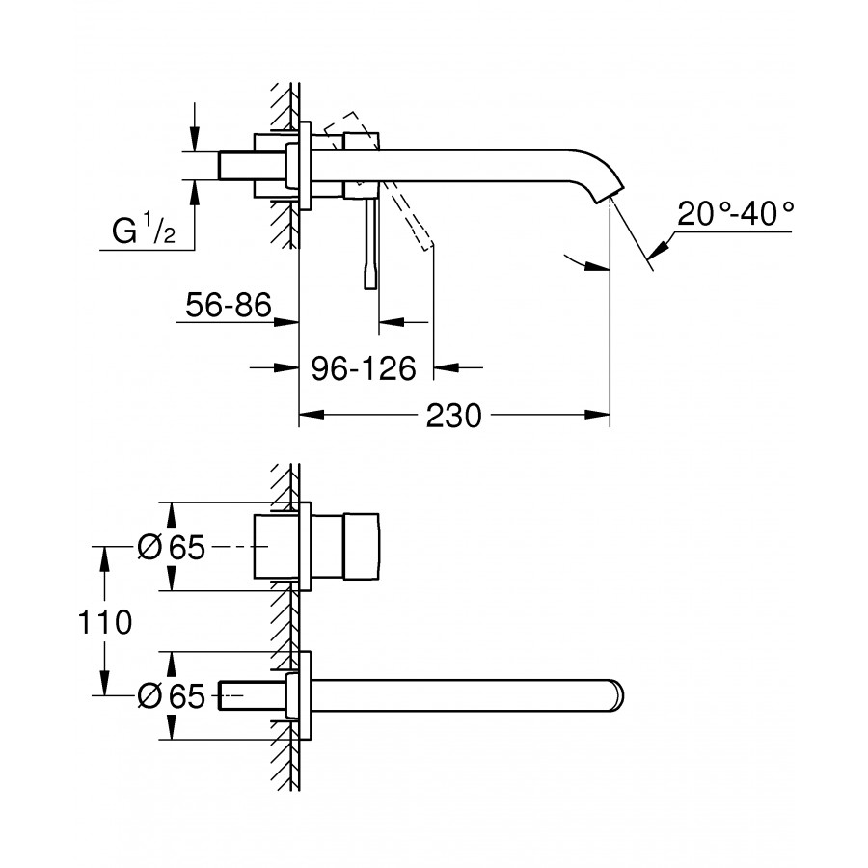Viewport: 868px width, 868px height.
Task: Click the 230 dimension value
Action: (453, 416)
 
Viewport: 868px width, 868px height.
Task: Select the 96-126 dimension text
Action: (364, 368)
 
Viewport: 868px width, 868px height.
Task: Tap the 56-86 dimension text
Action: (228, 305)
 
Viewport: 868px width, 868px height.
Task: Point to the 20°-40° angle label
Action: (735, 214)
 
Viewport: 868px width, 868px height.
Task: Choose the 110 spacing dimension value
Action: (104, 622)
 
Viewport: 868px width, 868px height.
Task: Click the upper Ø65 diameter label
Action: (171, 548)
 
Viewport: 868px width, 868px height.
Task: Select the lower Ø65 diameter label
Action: (171, 695)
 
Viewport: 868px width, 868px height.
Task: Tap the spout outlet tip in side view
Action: (609, 195)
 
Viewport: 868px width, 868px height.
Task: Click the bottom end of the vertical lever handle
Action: (370, 287)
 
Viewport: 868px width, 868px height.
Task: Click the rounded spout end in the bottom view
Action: (617, 695)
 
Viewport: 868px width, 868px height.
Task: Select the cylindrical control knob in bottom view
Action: (362, 547)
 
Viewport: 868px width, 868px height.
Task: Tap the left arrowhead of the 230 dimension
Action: (312, 415)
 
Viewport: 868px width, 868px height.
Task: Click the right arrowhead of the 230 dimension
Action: (597, 415)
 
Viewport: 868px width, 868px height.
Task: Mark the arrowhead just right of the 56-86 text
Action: (286, 321)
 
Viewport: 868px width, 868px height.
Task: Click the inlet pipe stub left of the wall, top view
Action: (253, 166)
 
